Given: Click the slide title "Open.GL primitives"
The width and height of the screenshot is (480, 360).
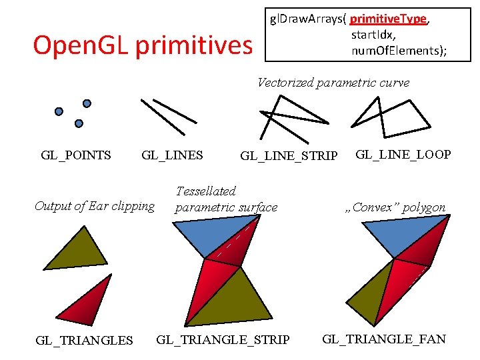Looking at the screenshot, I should click(x=143, y=45).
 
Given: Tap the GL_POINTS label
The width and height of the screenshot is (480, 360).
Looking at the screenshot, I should click(x=76, y=155).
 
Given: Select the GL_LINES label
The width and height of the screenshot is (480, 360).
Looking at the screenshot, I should click(x=172, y=155).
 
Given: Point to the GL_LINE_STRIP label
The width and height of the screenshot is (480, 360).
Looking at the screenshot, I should click(x=289, y=156).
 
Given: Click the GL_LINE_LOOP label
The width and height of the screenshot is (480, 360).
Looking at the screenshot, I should click(x=403, y=155).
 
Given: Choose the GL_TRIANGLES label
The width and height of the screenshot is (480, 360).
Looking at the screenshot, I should click(x=84, y=340).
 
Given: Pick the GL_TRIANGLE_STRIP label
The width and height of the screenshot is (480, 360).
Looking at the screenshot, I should click(x=223, y=340).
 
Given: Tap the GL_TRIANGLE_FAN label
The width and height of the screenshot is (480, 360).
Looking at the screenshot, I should click(x=384, y=339).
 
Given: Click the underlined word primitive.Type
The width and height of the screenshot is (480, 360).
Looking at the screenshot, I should click(x=389, y=19).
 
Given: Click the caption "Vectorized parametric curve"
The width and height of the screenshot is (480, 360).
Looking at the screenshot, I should click(x=333, y=83).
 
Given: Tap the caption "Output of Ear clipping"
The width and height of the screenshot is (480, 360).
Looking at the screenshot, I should click(x=95, y=206).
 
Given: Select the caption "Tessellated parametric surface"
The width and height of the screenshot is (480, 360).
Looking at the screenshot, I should click(x=226, y=199).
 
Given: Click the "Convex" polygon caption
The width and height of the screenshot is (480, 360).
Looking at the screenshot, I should click(x=395, y=207).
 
